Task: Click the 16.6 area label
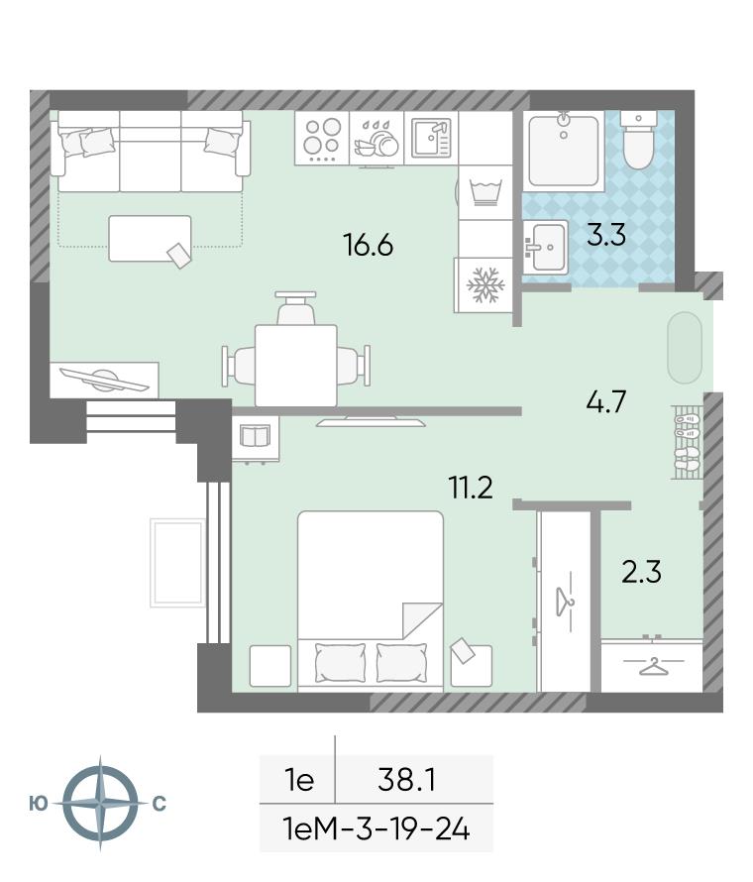(368, 245)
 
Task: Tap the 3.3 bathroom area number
(606, 235)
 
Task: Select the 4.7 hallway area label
(605, 402)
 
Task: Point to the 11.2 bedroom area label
(471, 488)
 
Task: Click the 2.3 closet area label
(641, 572)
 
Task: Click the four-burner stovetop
(322, 138)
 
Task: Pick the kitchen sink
(431, 138)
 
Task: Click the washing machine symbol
(484, 192)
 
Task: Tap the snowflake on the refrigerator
(484, 284)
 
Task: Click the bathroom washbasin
(545, 247)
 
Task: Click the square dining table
(296, 365)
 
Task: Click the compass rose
(100, 803)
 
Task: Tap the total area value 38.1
(407, 780)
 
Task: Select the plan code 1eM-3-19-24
(376, 829)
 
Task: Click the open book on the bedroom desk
(256, 436)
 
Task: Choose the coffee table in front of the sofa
(151, 239)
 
